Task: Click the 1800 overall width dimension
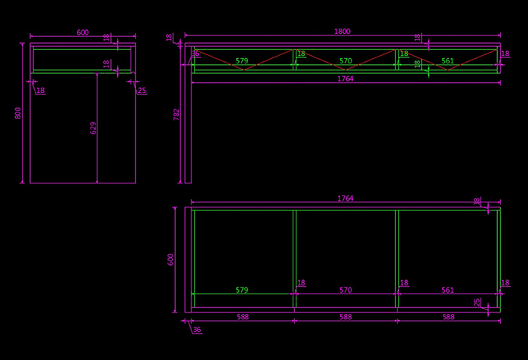point(342,32)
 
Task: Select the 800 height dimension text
point(17,112)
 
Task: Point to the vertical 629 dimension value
point(94,128)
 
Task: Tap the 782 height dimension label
point(177,114)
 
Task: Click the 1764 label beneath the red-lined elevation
point(345,78)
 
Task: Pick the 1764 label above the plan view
point(345,198)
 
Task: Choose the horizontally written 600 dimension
point(82,32)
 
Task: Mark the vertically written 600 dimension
point(170,259)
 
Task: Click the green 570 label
point(345,61)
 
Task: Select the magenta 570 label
point(345,290)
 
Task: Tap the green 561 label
point(447,61)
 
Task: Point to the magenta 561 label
point(447,290)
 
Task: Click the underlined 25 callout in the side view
point(143,91)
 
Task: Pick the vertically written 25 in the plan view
point(477,303)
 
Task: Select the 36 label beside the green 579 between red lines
point(196,54)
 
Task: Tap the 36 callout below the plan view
point(197,330)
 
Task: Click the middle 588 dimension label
point(345,318)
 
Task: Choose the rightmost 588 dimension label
point(448,318)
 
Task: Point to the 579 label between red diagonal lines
point(241,61)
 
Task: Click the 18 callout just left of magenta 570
point(301,283)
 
